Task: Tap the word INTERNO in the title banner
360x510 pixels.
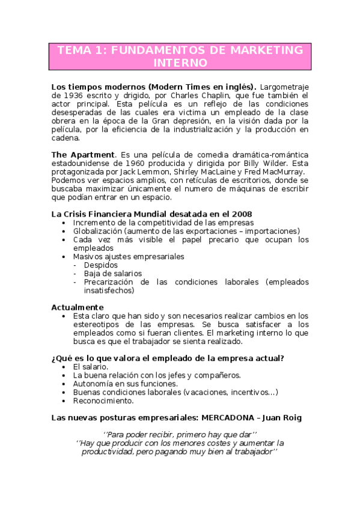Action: tap(180, 63)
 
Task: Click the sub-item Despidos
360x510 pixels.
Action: tap(101, 265)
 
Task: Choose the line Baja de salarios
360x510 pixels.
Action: tap(113, 273)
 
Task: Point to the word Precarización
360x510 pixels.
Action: tap(109, 281)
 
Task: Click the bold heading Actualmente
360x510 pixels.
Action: tap(75, 307)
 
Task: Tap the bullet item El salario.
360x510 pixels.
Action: tap(91, 366)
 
